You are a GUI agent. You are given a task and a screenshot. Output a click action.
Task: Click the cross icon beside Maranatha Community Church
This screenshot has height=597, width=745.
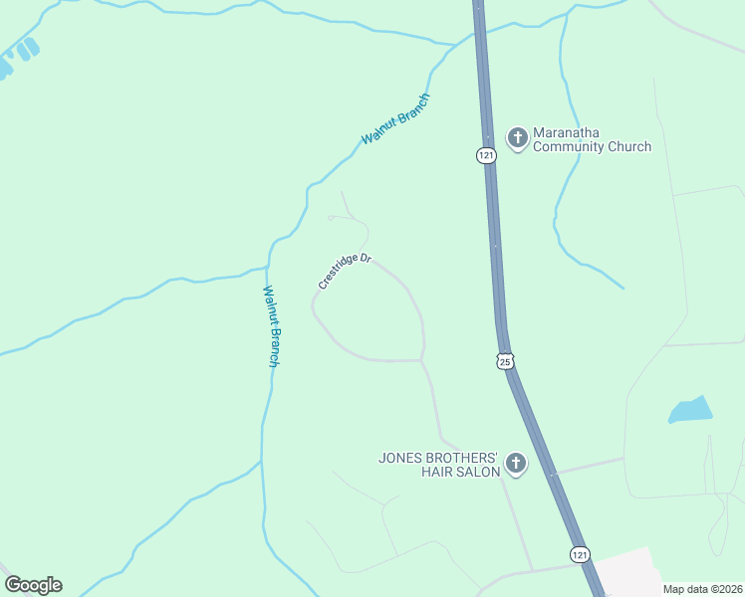(x=517, y=137)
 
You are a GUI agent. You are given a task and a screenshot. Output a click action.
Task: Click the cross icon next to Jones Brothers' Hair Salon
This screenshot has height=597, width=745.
(x=516, y=463)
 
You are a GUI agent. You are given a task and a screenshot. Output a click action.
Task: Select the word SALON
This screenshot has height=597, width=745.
(x=477, y=472)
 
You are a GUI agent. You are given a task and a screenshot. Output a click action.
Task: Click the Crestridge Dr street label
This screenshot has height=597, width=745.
(x=345, y=272)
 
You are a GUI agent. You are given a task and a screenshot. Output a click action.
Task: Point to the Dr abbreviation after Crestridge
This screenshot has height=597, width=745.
(x=366, y=259)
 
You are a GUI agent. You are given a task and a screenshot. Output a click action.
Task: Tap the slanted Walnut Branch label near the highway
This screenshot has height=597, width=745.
(x=395, y=118)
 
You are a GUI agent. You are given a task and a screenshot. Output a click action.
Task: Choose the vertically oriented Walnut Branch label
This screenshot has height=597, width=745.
(x=270, y=326)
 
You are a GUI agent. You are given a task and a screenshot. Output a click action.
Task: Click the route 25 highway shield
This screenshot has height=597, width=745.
(x=505, y=361)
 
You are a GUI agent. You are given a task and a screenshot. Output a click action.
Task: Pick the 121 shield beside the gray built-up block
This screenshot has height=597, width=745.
(x=580, y=553)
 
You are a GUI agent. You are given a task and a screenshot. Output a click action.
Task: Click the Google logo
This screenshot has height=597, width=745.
(x=33, y=585)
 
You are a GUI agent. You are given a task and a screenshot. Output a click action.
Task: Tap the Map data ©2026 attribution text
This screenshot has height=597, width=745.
(x=702, y=589)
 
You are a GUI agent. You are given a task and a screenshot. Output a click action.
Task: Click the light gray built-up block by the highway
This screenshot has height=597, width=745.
(x=627, y=574)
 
